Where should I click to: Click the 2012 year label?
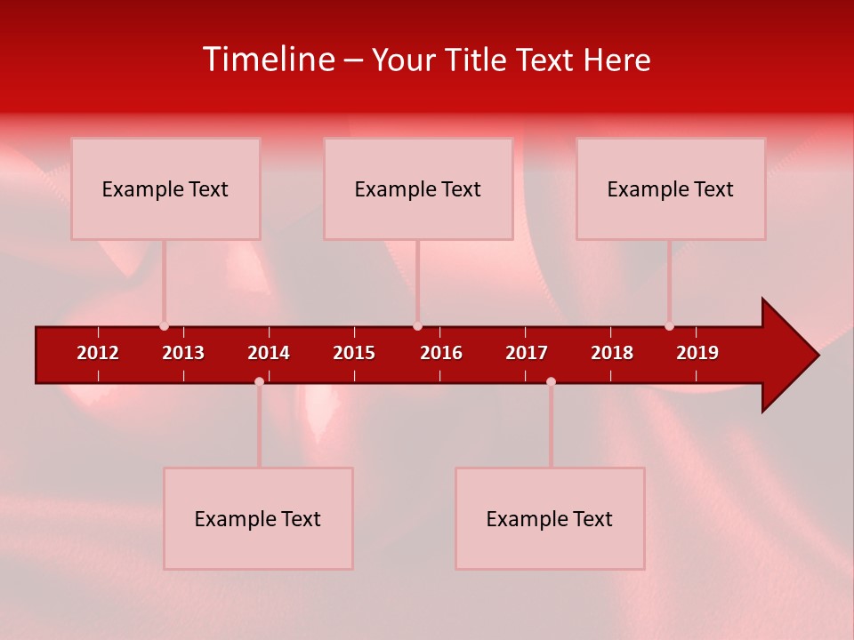point(98,353)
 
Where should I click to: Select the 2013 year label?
point(183,353)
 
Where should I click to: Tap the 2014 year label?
point(269,353)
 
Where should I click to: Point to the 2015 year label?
point(354,353)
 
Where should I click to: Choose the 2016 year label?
point(441,353)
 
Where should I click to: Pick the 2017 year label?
point(527,353)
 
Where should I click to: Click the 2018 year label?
point(612,353)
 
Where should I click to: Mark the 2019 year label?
point(697,353)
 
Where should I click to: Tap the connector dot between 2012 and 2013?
point(164,326)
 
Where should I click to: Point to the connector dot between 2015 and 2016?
point(417,326)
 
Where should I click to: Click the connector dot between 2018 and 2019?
point(669,326)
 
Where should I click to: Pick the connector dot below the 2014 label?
point(259,381)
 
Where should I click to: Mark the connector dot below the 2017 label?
point(551,381)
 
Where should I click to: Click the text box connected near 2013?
point(165,188)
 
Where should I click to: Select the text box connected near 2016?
point(418,188)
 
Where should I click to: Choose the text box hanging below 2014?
point(258,518)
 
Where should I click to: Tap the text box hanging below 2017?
point(550,518)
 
